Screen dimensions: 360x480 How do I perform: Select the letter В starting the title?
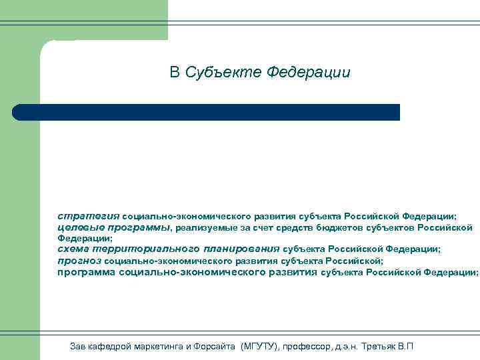pyautogui.click(x=175, y=72)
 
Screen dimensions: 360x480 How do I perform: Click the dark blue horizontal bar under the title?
pyautogui.click(x=207, y=112)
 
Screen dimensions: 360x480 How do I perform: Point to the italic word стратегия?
pyautogui.click(x=88, y=216)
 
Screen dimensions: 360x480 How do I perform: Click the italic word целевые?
pyautogui.click(x=75, y=227)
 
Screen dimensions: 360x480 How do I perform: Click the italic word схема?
pyautogui.click(x=73, y=249)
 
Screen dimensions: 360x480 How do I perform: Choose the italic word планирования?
pyautogui.click(x=243, y=249)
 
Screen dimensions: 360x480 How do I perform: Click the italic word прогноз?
pyautogui.click(x=79, y=261)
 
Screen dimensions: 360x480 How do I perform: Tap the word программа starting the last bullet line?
pyautogui.click(x=87, y=272)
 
